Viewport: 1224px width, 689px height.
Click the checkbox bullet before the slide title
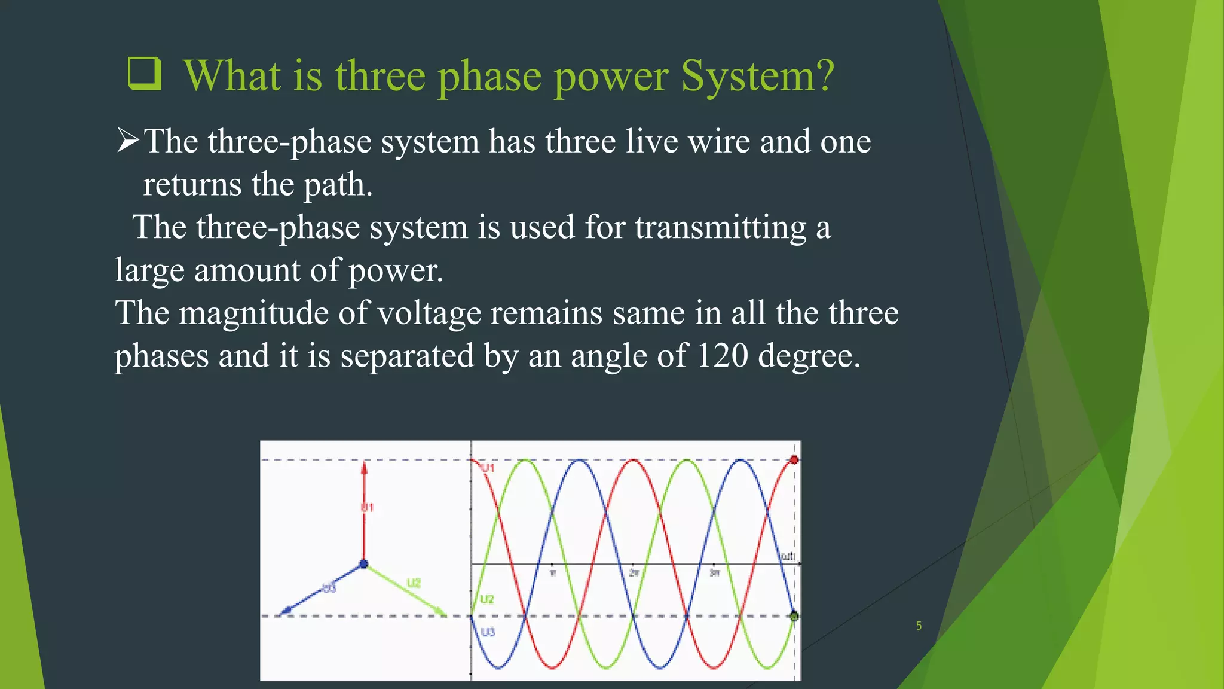145,74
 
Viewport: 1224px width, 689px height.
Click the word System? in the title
757,76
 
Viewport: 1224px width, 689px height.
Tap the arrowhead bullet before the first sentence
127,141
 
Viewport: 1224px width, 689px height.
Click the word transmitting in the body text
720,227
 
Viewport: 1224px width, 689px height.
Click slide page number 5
919,626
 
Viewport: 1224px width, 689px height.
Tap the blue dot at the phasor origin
363,564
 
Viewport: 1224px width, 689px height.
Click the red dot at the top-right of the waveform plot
794,460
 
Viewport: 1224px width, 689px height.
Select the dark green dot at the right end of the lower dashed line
794,616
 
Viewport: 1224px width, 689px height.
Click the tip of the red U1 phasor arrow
364,464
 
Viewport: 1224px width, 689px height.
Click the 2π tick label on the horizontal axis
634,573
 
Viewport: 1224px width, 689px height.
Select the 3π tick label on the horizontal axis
714,573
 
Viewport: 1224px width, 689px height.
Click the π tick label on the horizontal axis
553,573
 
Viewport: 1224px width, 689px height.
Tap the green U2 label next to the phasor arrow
414,583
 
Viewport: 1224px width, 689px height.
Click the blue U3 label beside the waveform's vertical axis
488,632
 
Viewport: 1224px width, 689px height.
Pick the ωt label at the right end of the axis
787,556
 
